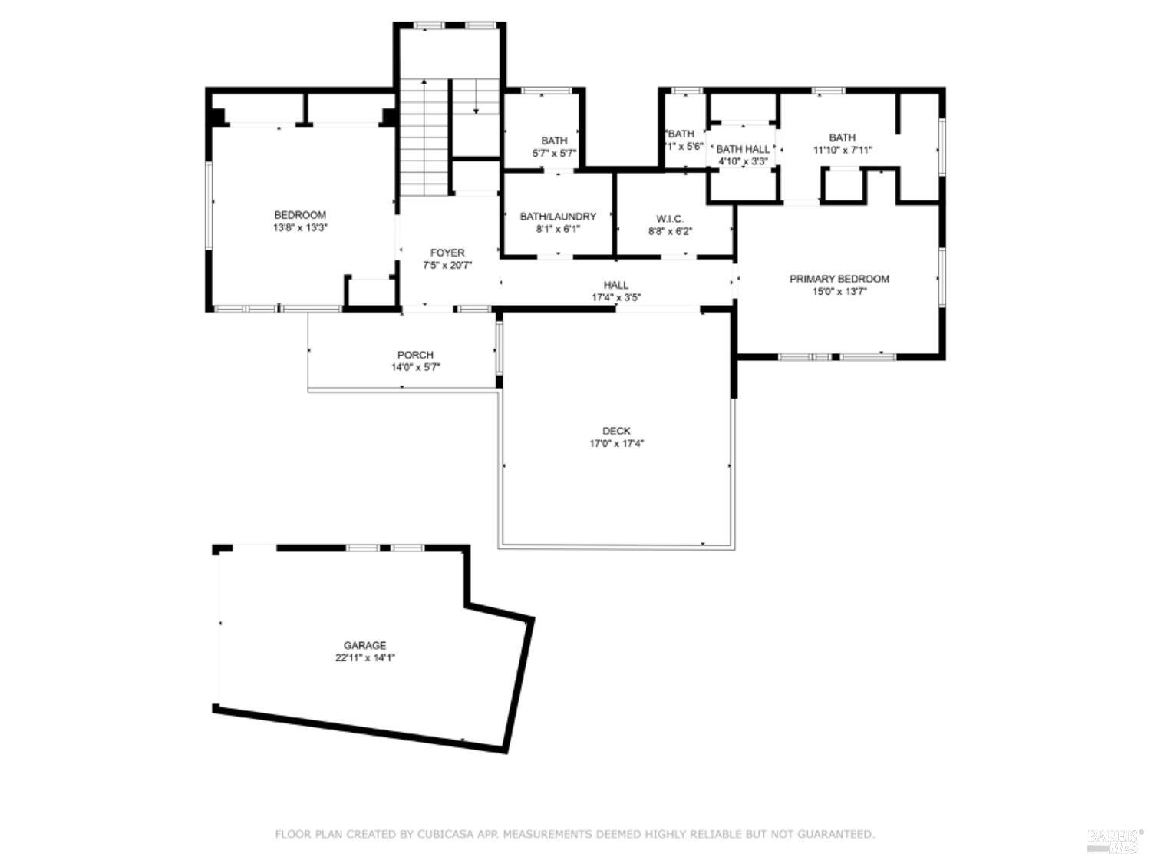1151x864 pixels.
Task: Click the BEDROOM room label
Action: pos(300,215)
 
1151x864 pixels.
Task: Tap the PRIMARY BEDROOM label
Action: pos(839,279)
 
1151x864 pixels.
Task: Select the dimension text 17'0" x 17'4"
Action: pos(616,443)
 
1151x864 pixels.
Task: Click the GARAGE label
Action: pos(364,645)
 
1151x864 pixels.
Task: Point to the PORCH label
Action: pos(415,355)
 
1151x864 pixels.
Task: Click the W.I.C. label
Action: pos(669,219)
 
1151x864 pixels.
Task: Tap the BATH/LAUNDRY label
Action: pos(558,217)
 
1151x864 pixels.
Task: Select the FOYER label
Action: pos(447,253)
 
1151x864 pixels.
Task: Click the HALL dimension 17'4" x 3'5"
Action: pos(615,297)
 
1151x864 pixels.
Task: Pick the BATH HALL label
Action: pos(743,149)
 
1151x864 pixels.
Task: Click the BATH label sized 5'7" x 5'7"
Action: pos(554,141)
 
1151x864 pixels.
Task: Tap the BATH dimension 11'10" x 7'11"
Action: pos(842,151)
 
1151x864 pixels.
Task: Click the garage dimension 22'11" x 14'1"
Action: pos(364,658)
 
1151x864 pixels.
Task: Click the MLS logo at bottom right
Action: pos(1114,840)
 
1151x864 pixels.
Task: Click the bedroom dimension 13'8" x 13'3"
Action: pos(300,228)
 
